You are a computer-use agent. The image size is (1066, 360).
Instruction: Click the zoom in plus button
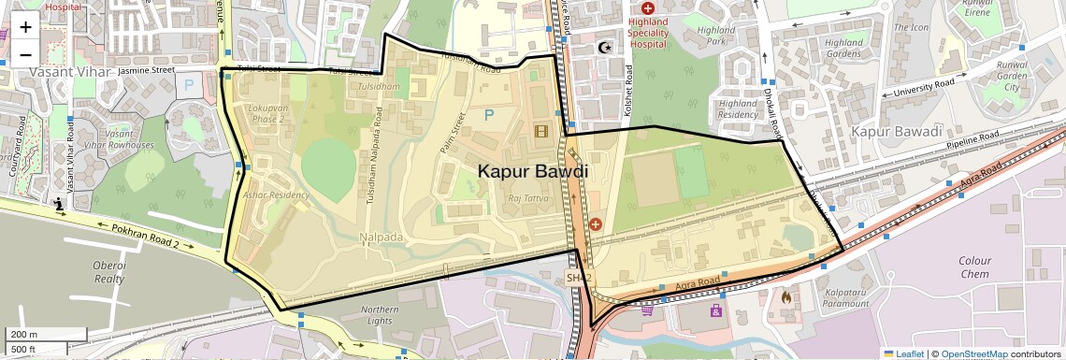[25, 27]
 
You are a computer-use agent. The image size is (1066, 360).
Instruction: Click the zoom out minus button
[25, 54]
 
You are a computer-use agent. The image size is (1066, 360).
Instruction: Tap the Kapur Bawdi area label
[533, 172]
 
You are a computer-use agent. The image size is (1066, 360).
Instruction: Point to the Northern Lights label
[379, 316]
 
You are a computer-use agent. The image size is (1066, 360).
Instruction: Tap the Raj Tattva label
[526, 198]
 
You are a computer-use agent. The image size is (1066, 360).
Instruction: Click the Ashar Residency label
[276, 194]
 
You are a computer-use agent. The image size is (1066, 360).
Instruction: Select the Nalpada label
[381, 238]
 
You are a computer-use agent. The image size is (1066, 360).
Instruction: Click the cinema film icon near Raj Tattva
[541, 131]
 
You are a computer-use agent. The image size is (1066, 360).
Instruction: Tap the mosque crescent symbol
[602, 47]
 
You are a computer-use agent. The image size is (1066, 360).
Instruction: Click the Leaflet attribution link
[903, 353]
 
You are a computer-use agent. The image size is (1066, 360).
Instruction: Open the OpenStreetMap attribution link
[973, 353]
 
